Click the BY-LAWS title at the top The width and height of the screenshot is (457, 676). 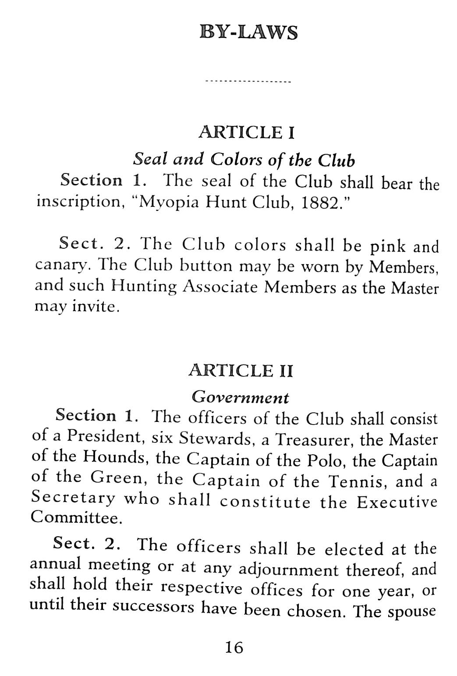point(248,33)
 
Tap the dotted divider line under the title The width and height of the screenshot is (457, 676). point(248,82)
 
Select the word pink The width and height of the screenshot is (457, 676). point(388,247)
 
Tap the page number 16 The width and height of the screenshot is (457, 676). point(234,647)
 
